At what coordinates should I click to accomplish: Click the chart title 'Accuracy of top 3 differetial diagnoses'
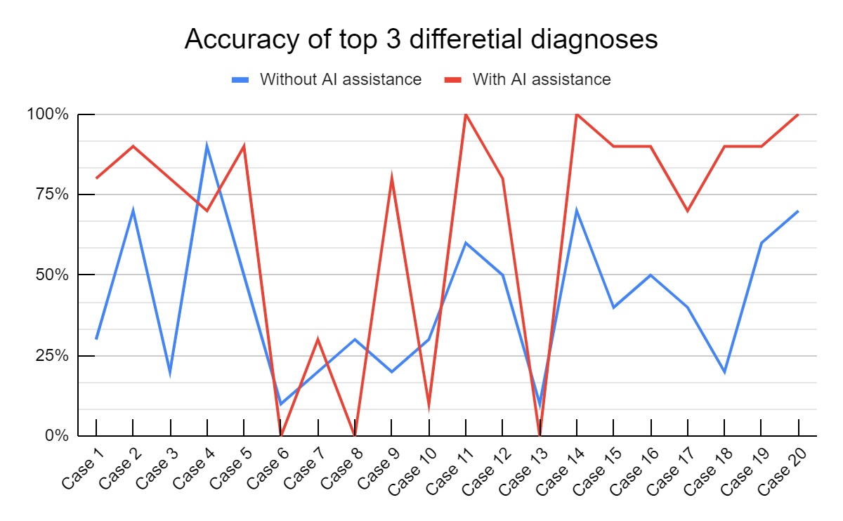(421, 40)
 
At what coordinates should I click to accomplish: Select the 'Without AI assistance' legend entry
(340, 79)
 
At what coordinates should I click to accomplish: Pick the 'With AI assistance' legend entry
(541, 79)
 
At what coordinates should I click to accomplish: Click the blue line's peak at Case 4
(207, 146)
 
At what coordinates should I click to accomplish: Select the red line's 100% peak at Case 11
(466, 114)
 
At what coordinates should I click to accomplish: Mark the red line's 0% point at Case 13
(540, 435)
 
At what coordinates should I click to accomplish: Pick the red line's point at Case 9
(391, 178)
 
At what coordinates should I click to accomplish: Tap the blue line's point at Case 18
(724, 371)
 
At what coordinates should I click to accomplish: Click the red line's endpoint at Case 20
(798, 114)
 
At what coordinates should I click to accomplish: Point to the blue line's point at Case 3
(170, 371)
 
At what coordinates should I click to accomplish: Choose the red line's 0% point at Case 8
(355, 435)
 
